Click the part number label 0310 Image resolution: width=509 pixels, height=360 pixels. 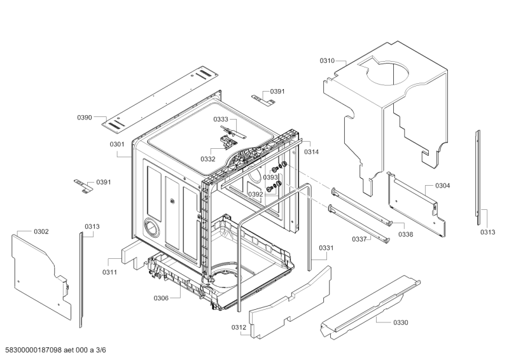pos(327,61)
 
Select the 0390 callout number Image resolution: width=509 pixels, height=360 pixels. pos(85,118)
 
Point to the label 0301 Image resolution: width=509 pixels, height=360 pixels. pos(116,144)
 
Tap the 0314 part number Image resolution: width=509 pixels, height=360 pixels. pos(311,152)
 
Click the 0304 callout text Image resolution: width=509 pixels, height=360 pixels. pos(443,186)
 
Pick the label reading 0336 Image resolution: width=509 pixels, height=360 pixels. pos(405,234)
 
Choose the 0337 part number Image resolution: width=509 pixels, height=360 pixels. pos(360,239)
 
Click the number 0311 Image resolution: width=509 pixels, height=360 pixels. pos(109,272)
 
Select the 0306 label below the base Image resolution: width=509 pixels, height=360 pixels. pos(162,298)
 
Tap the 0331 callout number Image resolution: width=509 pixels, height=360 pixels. pos(326,247)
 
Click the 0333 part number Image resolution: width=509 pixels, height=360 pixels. pos(221,120)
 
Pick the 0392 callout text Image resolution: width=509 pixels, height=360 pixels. pos(255,195)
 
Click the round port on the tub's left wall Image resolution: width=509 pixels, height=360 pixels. pos(151,226)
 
